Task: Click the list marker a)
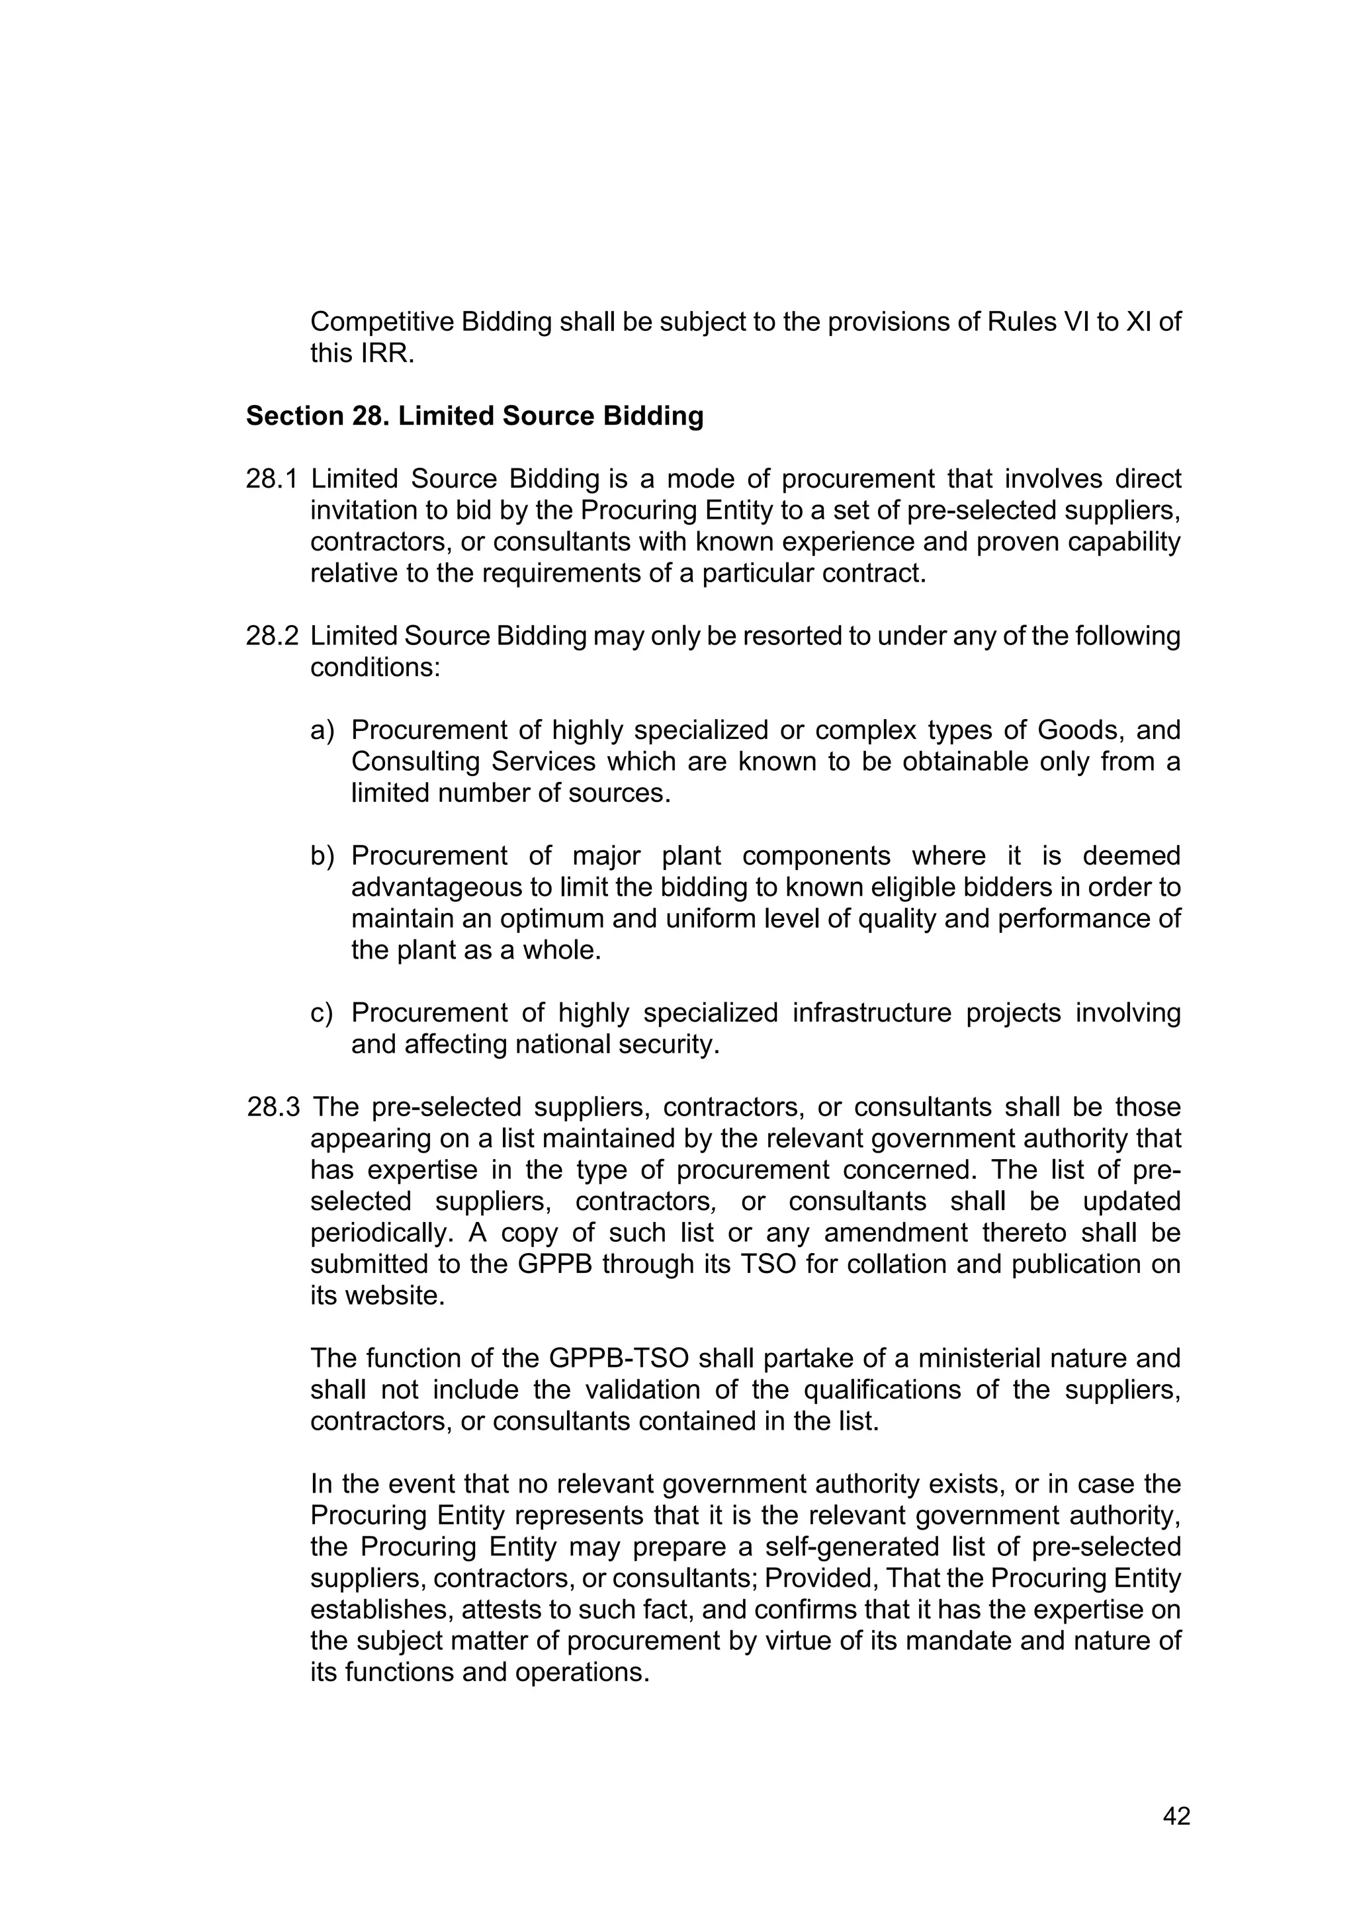322,730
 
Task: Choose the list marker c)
322,1012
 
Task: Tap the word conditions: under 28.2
374,668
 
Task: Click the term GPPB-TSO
619,1358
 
